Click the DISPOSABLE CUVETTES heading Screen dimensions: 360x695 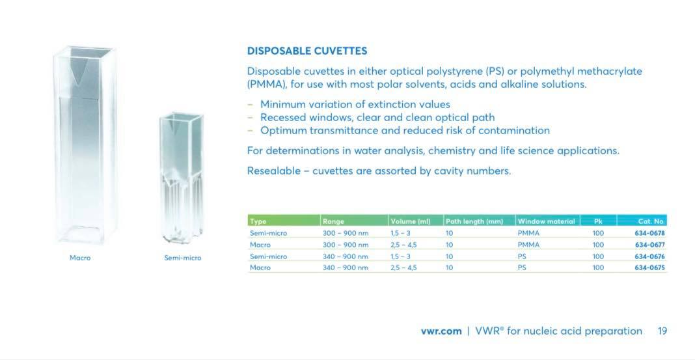click(307, 51)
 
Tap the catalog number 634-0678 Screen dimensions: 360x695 click(649, 233)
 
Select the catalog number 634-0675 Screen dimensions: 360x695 click(649, 268)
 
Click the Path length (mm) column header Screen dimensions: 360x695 click(474, 221)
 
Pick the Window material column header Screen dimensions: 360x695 click(546, 221)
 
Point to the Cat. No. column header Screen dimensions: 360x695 click(651, 221)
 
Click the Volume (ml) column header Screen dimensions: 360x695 click(411, 221)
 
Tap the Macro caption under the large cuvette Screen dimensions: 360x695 click(80, 258)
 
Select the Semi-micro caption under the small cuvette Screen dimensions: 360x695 click(182, 258)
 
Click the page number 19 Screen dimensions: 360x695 click(662, 331)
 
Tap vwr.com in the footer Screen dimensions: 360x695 click(441, 331)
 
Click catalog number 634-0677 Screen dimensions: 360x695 click(649, 245)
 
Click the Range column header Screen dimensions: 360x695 click(333, 221)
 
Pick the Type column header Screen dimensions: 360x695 click(258, 221)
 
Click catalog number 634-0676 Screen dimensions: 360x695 click(649, 256)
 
